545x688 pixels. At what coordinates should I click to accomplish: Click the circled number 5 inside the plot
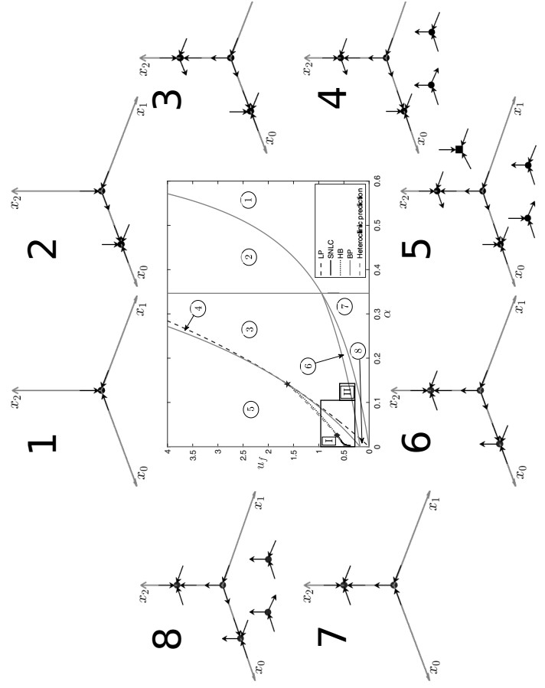250,410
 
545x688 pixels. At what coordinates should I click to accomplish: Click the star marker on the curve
287,383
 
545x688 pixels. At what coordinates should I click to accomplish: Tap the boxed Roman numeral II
347,390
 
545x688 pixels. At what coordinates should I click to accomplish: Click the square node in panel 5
459,149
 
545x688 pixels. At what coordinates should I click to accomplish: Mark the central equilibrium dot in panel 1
100,391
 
